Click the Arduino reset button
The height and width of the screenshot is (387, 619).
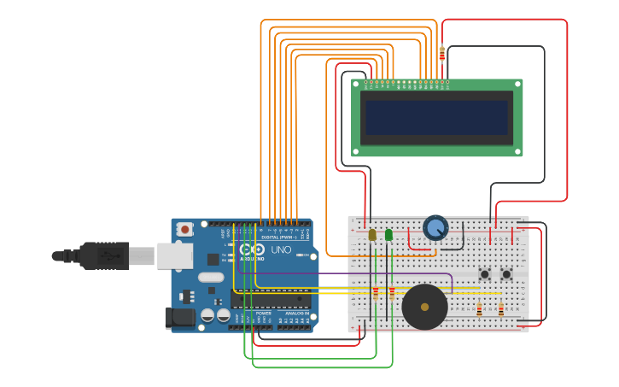184,229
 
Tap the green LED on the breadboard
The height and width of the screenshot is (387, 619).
389,234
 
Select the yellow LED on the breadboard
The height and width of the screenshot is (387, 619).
372,234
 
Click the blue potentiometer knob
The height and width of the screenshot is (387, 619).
435,228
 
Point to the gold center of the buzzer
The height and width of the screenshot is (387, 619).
424,307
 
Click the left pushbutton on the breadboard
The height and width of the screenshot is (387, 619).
485,274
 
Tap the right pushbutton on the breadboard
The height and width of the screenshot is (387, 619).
506,274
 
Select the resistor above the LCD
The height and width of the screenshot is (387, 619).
441,54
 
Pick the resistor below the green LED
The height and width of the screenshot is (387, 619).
392,293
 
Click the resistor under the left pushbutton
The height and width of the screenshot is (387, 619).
479,310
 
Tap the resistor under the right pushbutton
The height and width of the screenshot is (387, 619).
500,310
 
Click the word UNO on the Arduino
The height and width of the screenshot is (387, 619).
281,249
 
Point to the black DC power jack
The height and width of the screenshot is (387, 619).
180,318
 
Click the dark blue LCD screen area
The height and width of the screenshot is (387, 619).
436,117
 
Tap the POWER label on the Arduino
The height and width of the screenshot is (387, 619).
263,314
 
